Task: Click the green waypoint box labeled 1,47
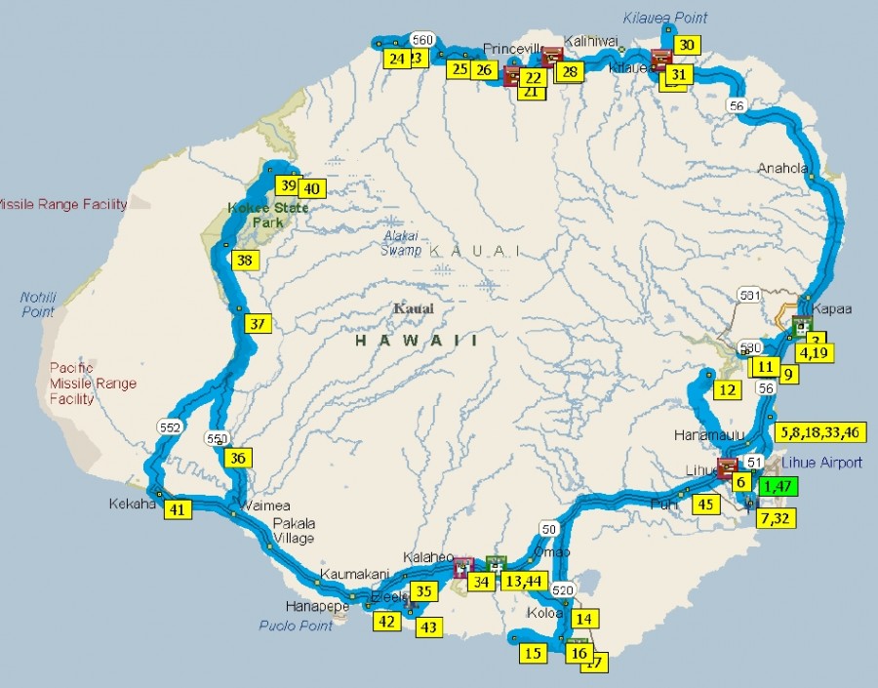pyautogui.click(x=778, y=487)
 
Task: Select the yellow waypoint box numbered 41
pyautogui.click(x=177, y=508)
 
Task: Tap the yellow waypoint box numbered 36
pyautogui.click(x=239, y=457)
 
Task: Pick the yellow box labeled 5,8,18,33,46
pyautogui.click(x=820, y=432)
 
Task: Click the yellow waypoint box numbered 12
pyautogui.click(x=727, y=390)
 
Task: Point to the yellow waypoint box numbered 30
pyautogui.click(x=687, y=45)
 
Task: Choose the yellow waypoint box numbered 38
pyautogui.click(x=244, y=261)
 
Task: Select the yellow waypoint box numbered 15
pyautogui.click(x=533, y=653)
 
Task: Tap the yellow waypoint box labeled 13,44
pyautogui.click(x=525, y=582)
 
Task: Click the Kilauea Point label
pyautogui.click(x=664, y=18)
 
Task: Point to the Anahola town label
pyautogui.click(x=783, y=168)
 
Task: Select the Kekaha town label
pyautogui.click(x=128, y=506)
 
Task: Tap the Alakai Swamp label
pyautogui.click(x=400, y=242)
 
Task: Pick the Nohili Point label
pyautogui.click(x=38, y=304)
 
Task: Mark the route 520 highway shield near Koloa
pyautogui.click(x=563, y=590)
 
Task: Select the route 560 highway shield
pyautogui.click(x=422, y=40)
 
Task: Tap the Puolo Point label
pyautogui.click(x=296, y=626)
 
